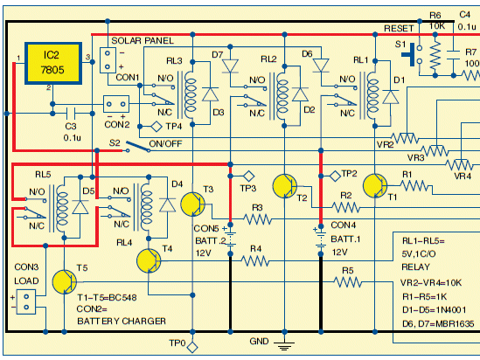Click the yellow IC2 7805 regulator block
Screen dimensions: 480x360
pyautogui.click(x=53, y=63)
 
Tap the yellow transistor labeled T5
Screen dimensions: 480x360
pyautogui.click(x=65, y=282)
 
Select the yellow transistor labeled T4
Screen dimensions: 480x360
pyautogui.click(x=149, y=261)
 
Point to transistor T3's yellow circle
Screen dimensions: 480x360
pyautogui.click(x=193, y=204)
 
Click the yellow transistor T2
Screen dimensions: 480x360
pyautogui.click(x=285, y=186)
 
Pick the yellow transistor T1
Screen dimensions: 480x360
pyautogui.click(x=375, y=185)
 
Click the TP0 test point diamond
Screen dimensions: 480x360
pyautogui.click(x=192, y=348)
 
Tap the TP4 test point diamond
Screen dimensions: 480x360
pyautogui.click(x=157, y=127)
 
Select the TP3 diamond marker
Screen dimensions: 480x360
pyautogui.click(x=248, y=177)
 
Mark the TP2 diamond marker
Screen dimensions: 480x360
pyautogui.click(x=335, y=177)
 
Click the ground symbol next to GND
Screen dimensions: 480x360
pyautogui.click(x=284, y=345)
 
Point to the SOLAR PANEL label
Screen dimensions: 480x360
pyautogui.click(x=143, y=41)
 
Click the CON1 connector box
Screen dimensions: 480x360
pyautogui.click(x=108, y=60)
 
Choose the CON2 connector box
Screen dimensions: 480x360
pyautogui.click(x=116, y=104)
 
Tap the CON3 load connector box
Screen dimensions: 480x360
pyautogui.click(x=26, y=301)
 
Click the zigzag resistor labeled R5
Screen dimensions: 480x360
pyautogui.click(x=348, y=282)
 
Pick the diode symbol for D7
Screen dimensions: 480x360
pyautogui.click(x=230, y=66)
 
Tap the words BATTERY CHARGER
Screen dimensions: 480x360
pyautogui.click(x=122, y=322)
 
